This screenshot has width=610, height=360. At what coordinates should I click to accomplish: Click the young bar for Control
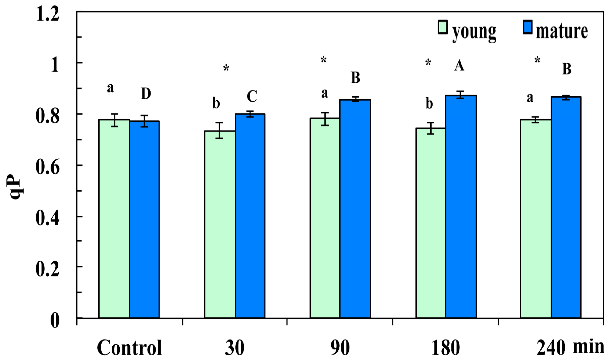click(114, 218)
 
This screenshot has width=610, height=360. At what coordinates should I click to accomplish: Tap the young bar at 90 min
click(325, 218)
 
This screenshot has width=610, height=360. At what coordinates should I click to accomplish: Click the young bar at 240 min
click(536, 218)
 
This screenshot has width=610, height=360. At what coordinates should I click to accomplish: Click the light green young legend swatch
click(443, 28)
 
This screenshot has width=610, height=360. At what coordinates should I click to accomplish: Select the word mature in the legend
click(562, 31)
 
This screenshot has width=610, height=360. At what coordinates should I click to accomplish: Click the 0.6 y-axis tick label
click(47, 167)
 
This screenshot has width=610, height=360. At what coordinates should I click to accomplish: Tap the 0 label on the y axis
click(55, 320)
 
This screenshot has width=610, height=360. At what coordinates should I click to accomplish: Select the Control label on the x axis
click(129, 348)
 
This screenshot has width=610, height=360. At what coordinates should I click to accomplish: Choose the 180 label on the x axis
click(445, 348)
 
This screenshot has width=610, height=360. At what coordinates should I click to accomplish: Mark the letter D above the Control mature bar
click(146, 94)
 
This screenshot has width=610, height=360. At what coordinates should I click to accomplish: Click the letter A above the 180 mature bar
click(459, 66)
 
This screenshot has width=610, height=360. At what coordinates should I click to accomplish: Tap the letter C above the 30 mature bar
click(252, 97)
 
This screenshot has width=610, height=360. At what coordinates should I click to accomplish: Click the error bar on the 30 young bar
click(219, 131)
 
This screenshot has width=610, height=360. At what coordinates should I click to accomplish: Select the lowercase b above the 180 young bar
click(429, 104)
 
